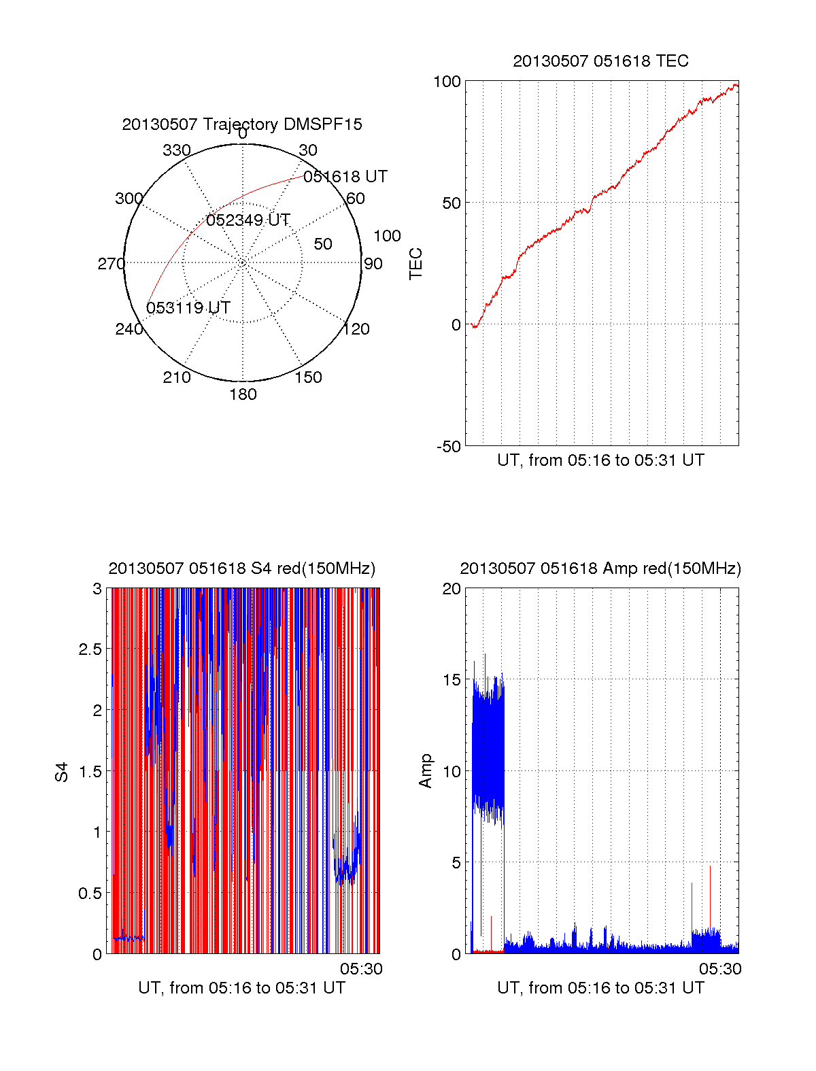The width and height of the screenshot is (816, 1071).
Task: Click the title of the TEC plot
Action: [x=600, y=61]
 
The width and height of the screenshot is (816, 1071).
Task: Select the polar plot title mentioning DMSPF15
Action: [x=242, y=124]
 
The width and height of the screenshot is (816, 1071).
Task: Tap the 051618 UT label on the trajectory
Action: [x=345, y=177]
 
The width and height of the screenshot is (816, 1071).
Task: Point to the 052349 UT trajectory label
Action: [x=248, y=220]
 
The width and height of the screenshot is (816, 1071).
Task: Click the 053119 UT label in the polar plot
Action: [x=188, y=308]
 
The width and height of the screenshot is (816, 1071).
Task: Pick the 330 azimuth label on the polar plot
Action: [x=176, y=150]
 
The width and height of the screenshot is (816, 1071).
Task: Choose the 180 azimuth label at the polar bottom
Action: [x=243, y=394]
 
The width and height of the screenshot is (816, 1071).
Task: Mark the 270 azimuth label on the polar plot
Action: [x=111, y=264]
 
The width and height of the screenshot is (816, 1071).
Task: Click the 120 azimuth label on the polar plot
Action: [x=356, y=329]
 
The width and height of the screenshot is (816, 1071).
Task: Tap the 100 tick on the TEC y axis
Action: [x=447, y=82]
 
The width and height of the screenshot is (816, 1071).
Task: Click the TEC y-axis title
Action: [x=415, y=264]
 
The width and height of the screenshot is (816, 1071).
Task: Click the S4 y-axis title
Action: [x=62, y=772]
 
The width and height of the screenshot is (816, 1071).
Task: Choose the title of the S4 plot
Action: [x=242, y=568]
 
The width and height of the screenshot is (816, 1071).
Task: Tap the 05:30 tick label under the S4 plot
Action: [x=361, y=969]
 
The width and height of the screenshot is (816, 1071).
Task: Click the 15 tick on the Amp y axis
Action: [x=452, y=680]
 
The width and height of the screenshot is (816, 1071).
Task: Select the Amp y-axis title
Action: [x=426, y=771]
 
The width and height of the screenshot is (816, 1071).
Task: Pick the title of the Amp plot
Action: [x=600, y=568]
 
